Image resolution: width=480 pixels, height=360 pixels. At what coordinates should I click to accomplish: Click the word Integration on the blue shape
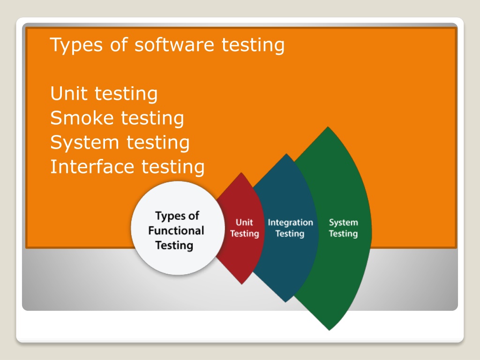290,223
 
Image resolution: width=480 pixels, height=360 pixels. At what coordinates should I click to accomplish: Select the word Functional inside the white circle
176,231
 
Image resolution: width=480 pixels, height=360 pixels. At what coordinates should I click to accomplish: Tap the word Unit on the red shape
244,223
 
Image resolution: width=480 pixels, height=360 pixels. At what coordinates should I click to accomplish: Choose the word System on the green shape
343,223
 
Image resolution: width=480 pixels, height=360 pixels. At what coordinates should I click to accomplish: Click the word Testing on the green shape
343,233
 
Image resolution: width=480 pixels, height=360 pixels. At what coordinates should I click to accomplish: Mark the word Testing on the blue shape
290,233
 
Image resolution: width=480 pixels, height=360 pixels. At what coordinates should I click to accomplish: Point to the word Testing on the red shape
244,233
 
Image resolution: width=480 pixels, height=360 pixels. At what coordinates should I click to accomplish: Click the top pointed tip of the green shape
328,127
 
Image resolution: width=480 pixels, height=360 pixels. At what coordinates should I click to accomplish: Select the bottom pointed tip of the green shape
330,330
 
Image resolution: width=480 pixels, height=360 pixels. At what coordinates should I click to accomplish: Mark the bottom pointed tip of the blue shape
285,302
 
